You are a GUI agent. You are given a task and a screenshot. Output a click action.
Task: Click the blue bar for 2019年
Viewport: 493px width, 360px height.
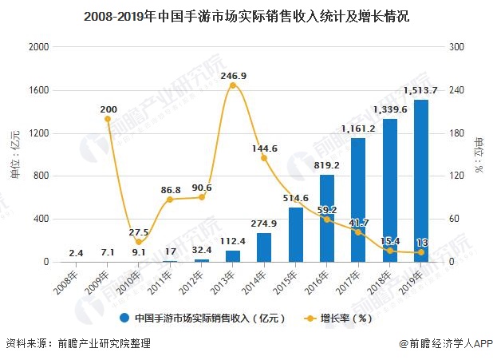pyautogui.click(x=420, y=181)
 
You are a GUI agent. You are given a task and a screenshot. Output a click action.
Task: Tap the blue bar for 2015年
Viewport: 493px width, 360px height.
pyautogui.click(x=296, y=235)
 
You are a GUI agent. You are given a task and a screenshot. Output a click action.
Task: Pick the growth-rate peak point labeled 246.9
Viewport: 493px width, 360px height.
pyautogui.click(x=232, y=85)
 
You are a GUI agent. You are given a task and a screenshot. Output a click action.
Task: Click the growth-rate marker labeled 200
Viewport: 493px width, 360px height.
pyautogui.click(x=108, y=119)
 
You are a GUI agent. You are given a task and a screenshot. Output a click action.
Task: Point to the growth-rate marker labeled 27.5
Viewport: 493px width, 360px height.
pyautogui.click(x=139, y=242)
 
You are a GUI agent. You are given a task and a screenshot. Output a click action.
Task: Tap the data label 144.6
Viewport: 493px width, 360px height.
pyautogui.click(x=264, y=148)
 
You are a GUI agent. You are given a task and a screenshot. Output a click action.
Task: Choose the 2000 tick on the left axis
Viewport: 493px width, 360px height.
pyautogui.click(x=38, y=47)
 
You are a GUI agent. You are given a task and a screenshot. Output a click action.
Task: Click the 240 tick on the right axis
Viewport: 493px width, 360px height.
pyautogui.click(x=455, y=90)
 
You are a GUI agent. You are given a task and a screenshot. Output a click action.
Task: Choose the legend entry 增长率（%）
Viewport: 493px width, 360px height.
pyautogui.click(x=338, y=318)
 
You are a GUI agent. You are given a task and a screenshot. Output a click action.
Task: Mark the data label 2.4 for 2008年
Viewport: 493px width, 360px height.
pyautogui.click(x=76, y=253)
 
